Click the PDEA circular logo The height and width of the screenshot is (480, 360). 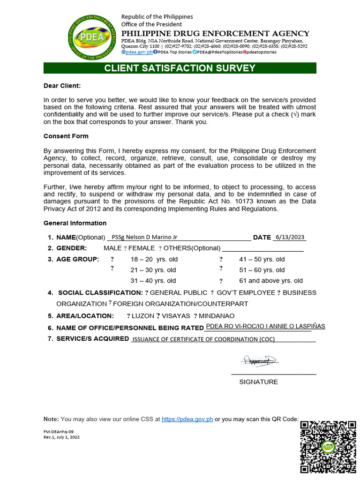click(92, 37)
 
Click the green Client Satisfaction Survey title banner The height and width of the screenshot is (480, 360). click(180, 68)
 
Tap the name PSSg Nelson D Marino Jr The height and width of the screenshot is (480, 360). click(145, 237)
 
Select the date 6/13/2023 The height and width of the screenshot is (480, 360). click(290, 237)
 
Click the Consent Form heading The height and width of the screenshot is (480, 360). click(66, 136)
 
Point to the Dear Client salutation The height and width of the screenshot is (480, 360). click(62, 86)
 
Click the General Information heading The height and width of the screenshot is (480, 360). click(75, 223)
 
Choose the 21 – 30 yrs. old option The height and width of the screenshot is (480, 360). click(153, 270)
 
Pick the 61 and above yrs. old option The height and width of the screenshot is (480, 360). click(271, 281)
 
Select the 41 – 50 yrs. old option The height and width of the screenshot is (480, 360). click(262, 259)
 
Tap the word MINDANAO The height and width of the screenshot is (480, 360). click(217, 316)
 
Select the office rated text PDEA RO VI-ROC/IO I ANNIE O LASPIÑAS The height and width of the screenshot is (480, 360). click(265, 326)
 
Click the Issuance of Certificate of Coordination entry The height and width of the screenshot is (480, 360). click(203, 339)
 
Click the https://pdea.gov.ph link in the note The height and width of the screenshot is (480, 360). click(187, 419)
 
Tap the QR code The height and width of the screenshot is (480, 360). click(328, 447)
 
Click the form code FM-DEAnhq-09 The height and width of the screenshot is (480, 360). click(59, 431)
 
